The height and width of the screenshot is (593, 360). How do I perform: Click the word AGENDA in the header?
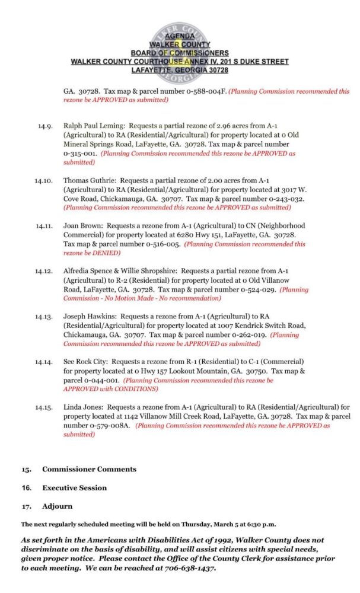coord(180,36)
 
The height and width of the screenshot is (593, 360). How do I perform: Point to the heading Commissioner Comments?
coord(89,469)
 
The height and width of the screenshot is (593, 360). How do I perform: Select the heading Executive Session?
coord(74,488)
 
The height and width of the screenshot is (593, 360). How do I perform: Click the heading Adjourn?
coord(57,507)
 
